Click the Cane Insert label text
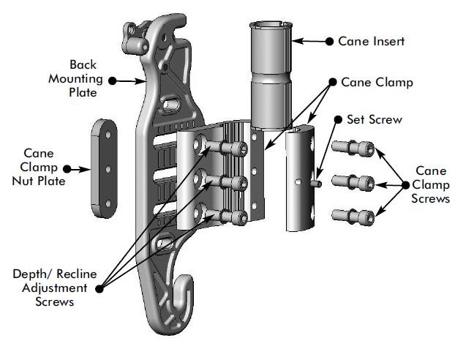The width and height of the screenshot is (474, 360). point(372,41)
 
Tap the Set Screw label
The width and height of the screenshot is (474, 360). point(374,119)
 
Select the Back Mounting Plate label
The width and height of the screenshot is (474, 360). point(83,79)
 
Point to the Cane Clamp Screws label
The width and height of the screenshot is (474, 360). point(431,185)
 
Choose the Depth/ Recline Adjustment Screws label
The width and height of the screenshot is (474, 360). point(54,288)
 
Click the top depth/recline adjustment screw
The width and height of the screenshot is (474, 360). point(229,149)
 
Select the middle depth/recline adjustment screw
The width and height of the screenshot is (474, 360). point(229,181)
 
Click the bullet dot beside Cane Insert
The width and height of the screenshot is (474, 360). point(329,42)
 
